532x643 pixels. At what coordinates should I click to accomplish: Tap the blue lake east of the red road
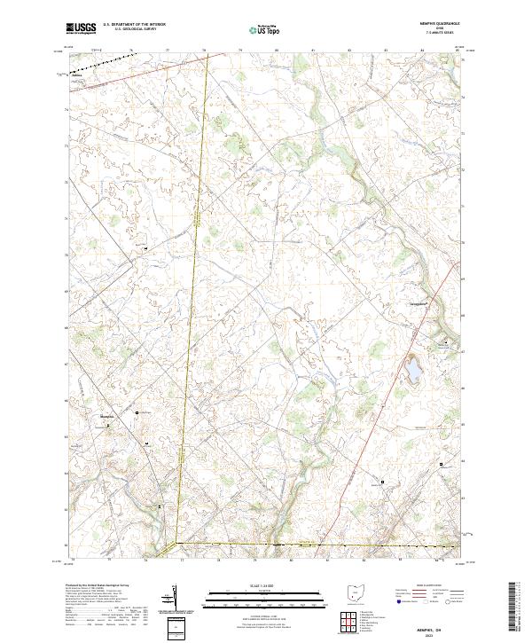413,371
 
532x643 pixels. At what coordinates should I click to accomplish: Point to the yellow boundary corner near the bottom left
175,542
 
